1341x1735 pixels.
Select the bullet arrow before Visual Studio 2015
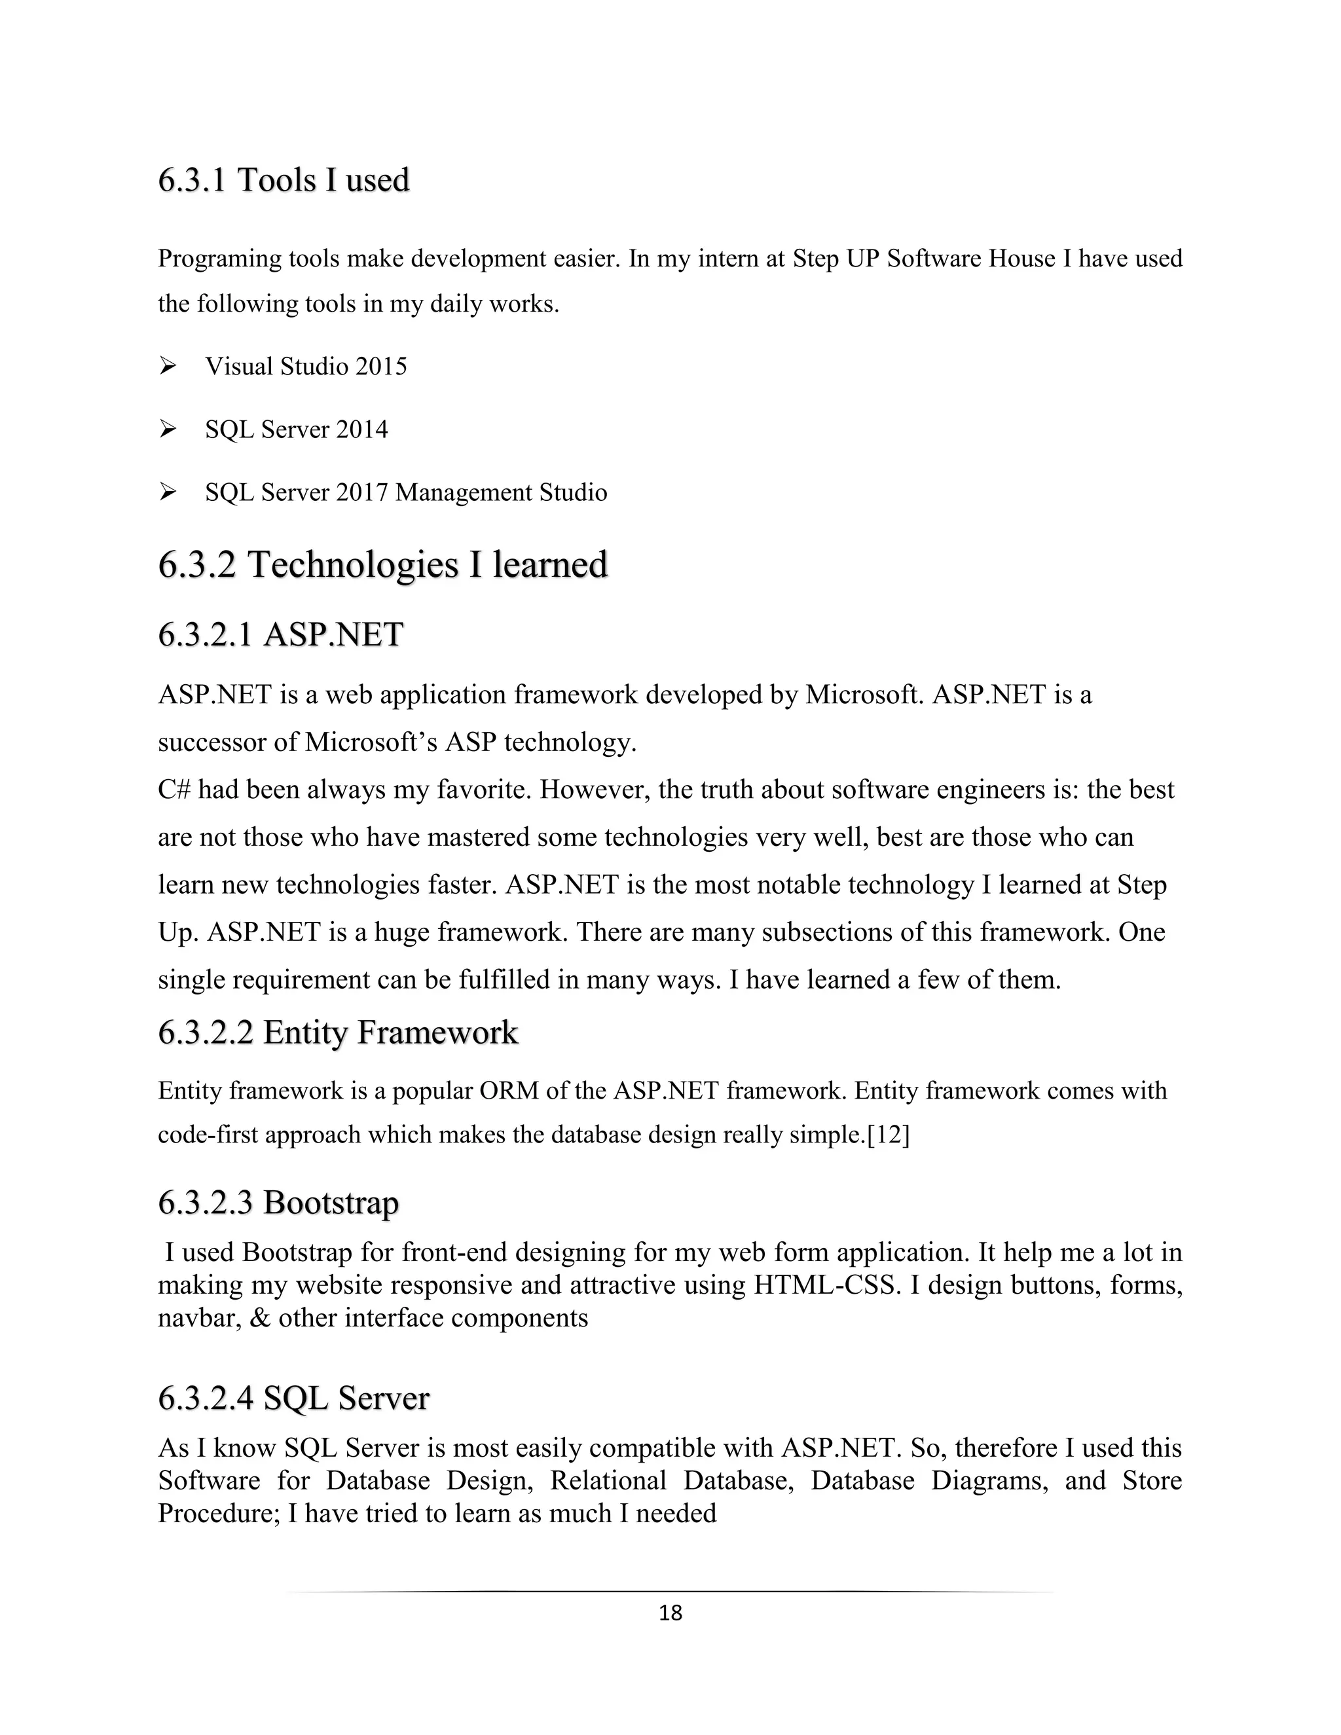[168, 366]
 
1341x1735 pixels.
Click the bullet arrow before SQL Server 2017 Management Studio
[168, 492]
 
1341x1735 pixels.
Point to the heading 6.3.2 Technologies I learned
[382, 565]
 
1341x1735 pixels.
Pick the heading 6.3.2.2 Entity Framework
[338, 1032]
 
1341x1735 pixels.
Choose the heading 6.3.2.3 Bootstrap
[278, 1203]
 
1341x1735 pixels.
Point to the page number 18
[670, 1613]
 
